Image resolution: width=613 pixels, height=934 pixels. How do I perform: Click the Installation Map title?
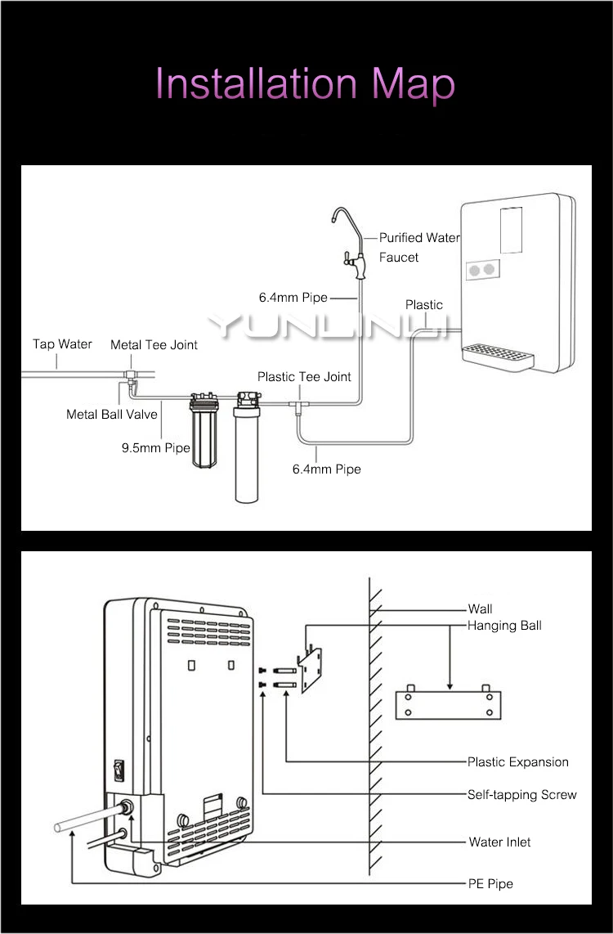306,84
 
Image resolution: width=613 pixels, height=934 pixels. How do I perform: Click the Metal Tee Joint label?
154,345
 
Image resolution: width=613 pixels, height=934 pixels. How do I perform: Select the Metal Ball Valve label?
111,414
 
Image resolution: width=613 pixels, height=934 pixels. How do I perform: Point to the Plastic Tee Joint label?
304,376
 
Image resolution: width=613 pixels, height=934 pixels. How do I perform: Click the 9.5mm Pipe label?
156,448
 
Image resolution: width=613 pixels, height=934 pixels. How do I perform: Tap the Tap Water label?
62,344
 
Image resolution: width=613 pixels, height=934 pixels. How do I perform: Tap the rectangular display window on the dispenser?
511,230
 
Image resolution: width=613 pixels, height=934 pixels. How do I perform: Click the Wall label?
480,608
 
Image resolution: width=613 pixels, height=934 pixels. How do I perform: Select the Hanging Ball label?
504,626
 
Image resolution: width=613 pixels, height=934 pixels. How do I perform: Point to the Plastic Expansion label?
517,762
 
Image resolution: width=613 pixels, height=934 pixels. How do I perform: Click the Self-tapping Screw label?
522,795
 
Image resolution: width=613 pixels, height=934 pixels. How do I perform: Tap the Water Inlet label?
500,842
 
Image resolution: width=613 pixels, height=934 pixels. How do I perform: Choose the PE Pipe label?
490,883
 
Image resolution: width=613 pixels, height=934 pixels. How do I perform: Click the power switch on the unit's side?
119,770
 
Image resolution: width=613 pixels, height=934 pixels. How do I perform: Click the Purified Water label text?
419,238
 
